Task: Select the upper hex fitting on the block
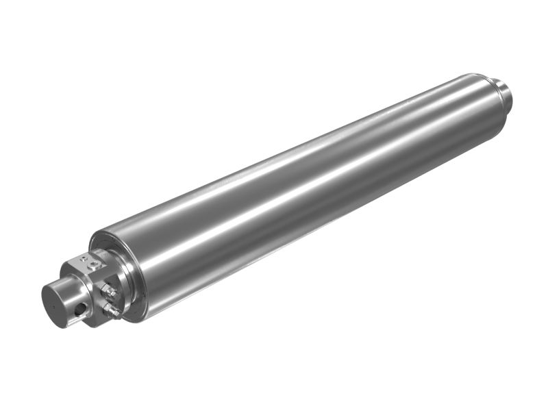coord(108,290)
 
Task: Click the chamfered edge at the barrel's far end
coord(488,86)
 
